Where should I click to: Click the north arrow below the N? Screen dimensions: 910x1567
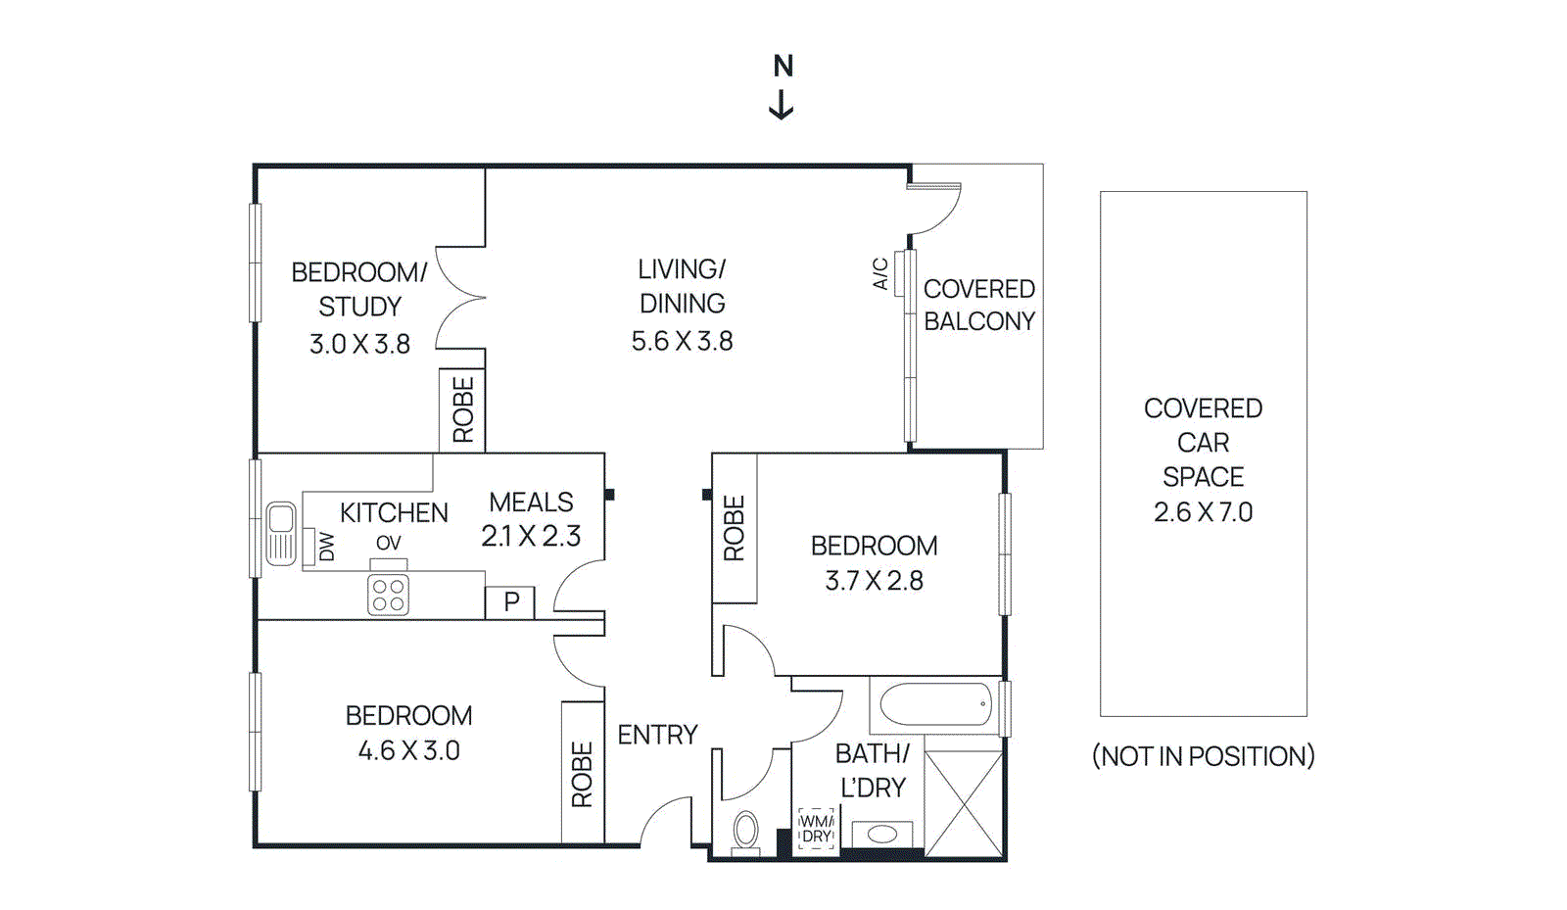point(781,105)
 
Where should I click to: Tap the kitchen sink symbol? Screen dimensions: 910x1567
point(281,533)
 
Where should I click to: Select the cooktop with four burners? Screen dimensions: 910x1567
point(388,596)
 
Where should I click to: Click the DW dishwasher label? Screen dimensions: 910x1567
point(326,547)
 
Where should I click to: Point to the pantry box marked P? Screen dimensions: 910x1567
point(510,602)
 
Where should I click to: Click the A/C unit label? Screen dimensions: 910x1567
point(880,273)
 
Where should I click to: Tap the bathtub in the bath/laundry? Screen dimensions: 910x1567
point(935,704)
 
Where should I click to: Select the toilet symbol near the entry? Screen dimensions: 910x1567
point(745,832)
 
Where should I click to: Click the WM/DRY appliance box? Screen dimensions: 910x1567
point(816,830)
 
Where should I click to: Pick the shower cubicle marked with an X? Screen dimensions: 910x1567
point(964,804)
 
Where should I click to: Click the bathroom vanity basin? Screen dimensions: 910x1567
point(882,835)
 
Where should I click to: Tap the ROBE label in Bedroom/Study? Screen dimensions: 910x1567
point(462,409)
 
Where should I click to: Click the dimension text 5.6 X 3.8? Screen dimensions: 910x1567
point(682,341)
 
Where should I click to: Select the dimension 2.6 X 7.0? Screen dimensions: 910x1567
point(1203,512)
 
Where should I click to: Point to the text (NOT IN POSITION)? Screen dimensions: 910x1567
point(1203,756)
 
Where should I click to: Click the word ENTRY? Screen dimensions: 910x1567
point(657,735)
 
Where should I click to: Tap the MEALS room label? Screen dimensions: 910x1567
point(531,503)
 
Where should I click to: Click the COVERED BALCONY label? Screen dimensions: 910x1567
point(978,305)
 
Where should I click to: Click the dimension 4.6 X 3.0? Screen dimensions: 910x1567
point(408,751)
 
